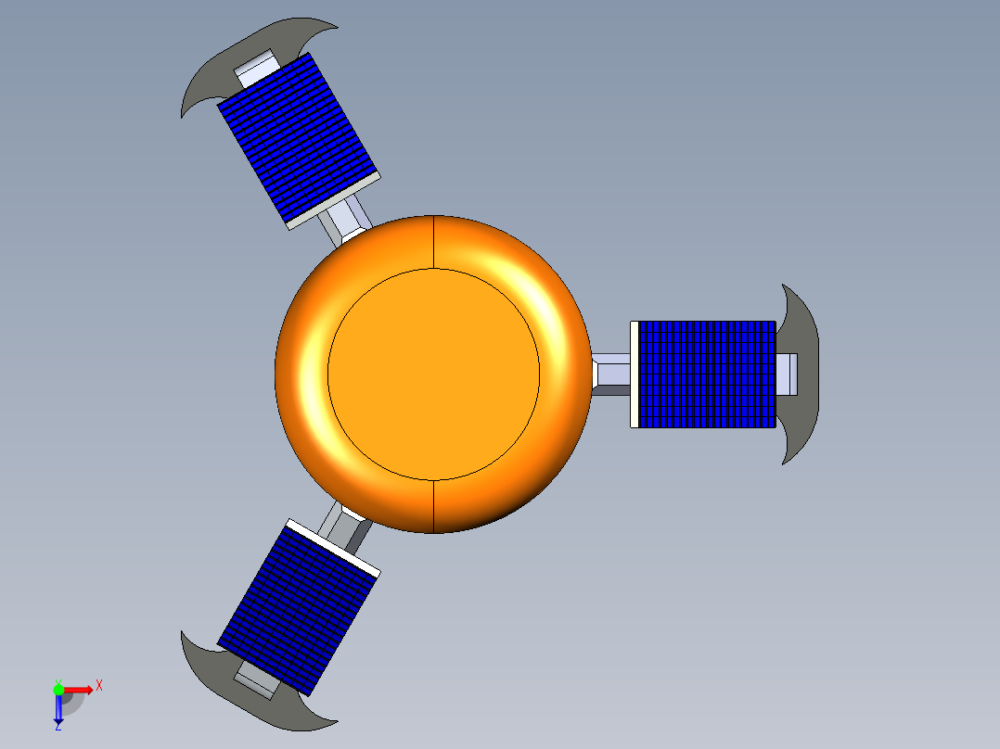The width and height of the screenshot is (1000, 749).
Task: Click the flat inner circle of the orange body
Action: (x=433, y=374)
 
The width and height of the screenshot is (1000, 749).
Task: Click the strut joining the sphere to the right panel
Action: (x=611, y=374)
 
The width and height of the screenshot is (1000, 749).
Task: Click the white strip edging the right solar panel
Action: (x=635, y=374)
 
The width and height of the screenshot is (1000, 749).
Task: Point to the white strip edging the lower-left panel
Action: (x=333, y=547)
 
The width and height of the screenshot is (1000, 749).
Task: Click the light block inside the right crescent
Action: (x=787, y=374)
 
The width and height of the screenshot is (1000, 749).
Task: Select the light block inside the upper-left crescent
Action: (x=256, y=68)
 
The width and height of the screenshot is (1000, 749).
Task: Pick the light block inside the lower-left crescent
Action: (x=256, y=681)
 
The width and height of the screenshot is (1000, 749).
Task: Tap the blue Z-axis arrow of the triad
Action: (x=58, y=710)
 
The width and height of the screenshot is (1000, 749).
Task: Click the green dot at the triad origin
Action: (x=58, y=689)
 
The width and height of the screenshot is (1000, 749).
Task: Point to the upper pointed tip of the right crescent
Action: (x=785, y=286)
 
